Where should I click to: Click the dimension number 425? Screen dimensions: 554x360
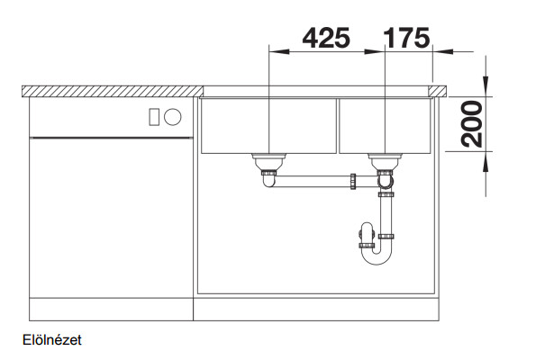tap(326, 38)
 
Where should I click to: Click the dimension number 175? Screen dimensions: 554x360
tap(406, 38)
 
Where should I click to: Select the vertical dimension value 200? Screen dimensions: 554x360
tap(472, 124)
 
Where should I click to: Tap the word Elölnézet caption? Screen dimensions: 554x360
tap(52, 340)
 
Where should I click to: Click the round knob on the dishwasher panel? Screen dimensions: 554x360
tap(172, 116)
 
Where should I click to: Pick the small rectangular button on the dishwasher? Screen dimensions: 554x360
tap(154, 117)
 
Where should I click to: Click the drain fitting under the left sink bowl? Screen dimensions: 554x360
tap(268, 162)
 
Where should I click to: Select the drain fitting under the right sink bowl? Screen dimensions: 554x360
tap(385, 162)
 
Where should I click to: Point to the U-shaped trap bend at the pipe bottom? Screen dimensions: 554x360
tap(377, 260)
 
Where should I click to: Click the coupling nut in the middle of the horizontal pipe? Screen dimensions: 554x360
tap(353, 181)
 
